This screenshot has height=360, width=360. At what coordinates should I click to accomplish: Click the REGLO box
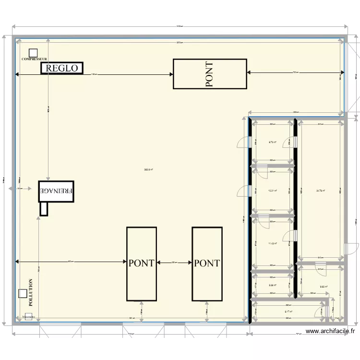(x=62, y=68)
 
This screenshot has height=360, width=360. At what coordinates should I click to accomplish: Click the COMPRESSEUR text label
(x=34, y=59)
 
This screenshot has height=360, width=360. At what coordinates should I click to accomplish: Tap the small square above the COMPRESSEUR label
(x=33, y=52)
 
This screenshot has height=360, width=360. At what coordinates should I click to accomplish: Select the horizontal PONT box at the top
(x=210, y=74)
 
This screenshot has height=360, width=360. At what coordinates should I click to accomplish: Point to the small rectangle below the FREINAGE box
(x=44, y=208)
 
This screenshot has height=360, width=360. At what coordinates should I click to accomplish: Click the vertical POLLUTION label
(x=31, y=292)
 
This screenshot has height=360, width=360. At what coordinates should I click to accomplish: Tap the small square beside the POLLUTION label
(x=22, y=293)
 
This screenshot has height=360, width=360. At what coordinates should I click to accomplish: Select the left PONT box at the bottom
(x=141, y=264)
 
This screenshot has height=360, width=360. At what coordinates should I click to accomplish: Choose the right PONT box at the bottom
(x=207, y=264)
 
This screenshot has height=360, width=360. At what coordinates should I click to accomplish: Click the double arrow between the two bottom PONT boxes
(x=174, y=263)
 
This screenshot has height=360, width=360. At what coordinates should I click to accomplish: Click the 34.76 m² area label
(x=320, y=191)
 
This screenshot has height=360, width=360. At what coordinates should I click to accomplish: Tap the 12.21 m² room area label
(x=272, y=191)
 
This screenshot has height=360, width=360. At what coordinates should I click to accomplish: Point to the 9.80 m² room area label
(x=324, y=287)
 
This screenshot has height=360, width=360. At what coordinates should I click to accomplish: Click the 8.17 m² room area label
(x=288, y=312)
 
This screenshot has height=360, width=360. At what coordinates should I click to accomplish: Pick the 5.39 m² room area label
(x=272, y=285)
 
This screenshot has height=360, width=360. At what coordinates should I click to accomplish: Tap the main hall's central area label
(x=148, y=169)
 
